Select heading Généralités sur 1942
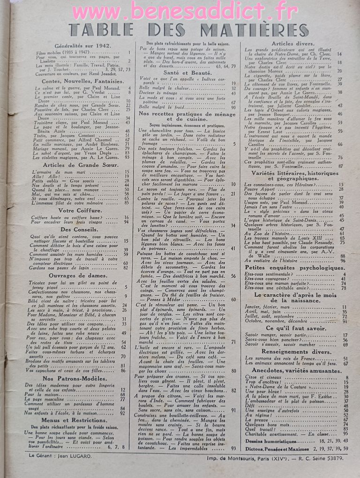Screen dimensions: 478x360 (x=82, y=46)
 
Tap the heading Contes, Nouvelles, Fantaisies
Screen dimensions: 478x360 (x=82, y=81)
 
